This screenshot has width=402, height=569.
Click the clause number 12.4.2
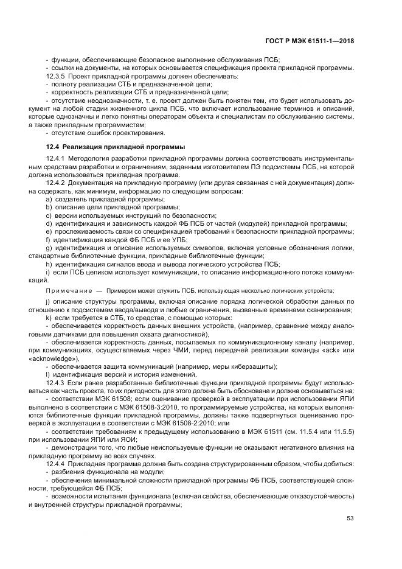click(57, 183)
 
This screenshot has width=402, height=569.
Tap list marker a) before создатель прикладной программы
click(49, 199)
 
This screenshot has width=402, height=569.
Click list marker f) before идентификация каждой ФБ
click(49, 239)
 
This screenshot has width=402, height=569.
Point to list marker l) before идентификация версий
click(48, 375)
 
